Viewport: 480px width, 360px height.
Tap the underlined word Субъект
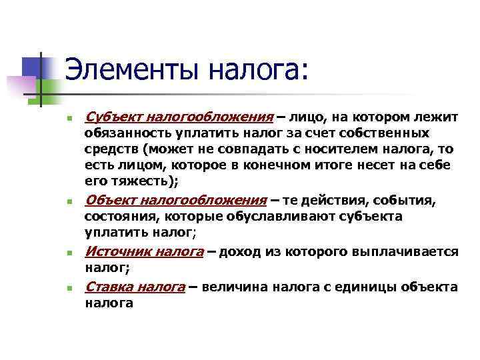tap(109, 118)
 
